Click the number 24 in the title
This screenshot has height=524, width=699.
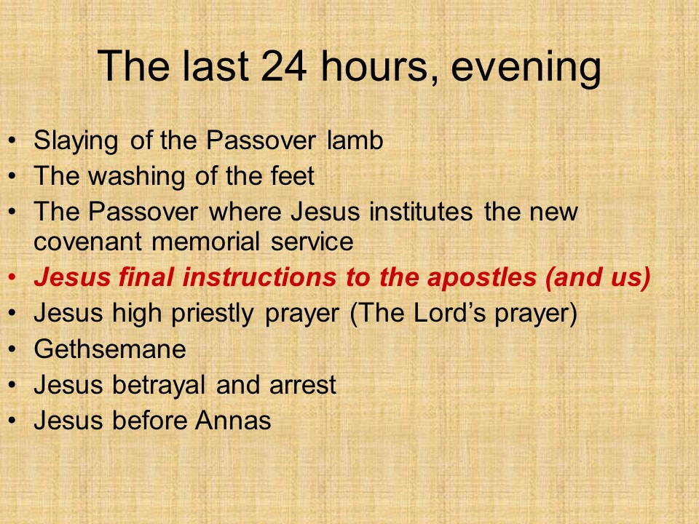point(284,66)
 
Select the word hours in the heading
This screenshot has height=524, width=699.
point(374,66)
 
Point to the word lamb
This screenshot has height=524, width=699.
point(355,140)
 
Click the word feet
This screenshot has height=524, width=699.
point(293,175)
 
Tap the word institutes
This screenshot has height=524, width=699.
point(421,211)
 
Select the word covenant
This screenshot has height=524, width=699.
point(87,242)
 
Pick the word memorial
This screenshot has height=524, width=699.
point(205,242)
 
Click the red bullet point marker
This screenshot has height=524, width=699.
point(12,277)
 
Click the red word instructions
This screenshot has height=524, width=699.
point(259,277)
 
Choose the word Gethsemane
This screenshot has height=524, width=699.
point(110,349)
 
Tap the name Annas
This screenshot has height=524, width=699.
point(233,420)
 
